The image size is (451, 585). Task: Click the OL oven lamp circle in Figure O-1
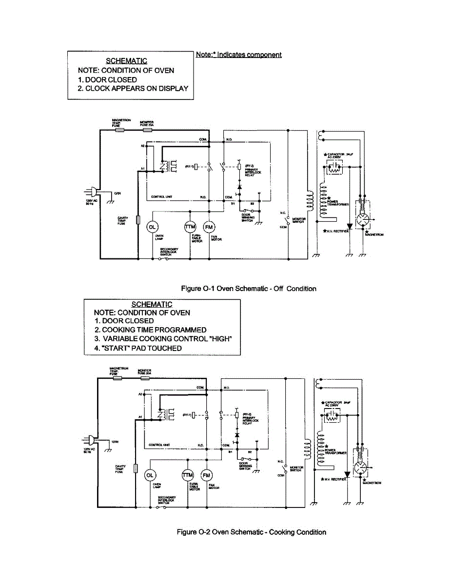[152, 227]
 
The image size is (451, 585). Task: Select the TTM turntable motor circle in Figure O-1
[190, 227]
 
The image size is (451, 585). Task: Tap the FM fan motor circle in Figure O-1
[209, 227]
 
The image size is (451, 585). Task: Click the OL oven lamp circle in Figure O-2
[150, 475]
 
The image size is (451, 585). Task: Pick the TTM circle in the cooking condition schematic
[188, 475]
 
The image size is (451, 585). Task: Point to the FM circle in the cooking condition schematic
[207, 475]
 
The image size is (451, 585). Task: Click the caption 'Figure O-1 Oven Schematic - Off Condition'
[249, 289]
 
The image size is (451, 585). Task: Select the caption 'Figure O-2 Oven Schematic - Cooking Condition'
[251, 532]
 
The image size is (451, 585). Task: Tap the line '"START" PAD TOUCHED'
[138, 348]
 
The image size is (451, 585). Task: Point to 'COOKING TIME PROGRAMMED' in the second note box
[150, 330]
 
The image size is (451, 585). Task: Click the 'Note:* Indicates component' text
[238, 55]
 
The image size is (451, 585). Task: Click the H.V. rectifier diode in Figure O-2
[347, 474]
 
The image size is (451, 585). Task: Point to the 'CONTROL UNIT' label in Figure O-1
[161, 197]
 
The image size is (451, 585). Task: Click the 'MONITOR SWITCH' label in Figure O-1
[298, 220]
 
